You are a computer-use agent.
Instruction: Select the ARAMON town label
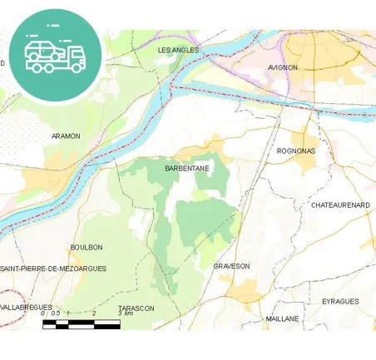[x=66, y=136]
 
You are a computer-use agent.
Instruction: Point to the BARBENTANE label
[x=186, y=168]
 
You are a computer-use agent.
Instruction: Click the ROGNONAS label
[x=295, y=151]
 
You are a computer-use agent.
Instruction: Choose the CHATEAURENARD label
[x=339, y=205]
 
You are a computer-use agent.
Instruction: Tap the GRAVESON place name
[x=231, y=266]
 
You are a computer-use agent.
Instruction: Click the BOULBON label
[x=87, y=247]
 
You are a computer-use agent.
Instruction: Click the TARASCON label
[x=136, y=308]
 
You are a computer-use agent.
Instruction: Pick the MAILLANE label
[x=282, y=318]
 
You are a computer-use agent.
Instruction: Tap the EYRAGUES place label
[x=340, y=301]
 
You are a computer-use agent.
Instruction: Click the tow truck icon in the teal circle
[x=55, y=54]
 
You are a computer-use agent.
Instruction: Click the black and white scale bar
[x=82, y=323]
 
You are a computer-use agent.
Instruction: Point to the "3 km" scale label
[x=125, y=313]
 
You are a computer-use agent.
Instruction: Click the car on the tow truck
[x=42, y=51]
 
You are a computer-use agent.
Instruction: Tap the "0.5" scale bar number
[x=55, y=313]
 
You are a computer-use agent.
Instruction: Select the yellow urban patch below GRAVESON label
[x=245, y=292]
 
